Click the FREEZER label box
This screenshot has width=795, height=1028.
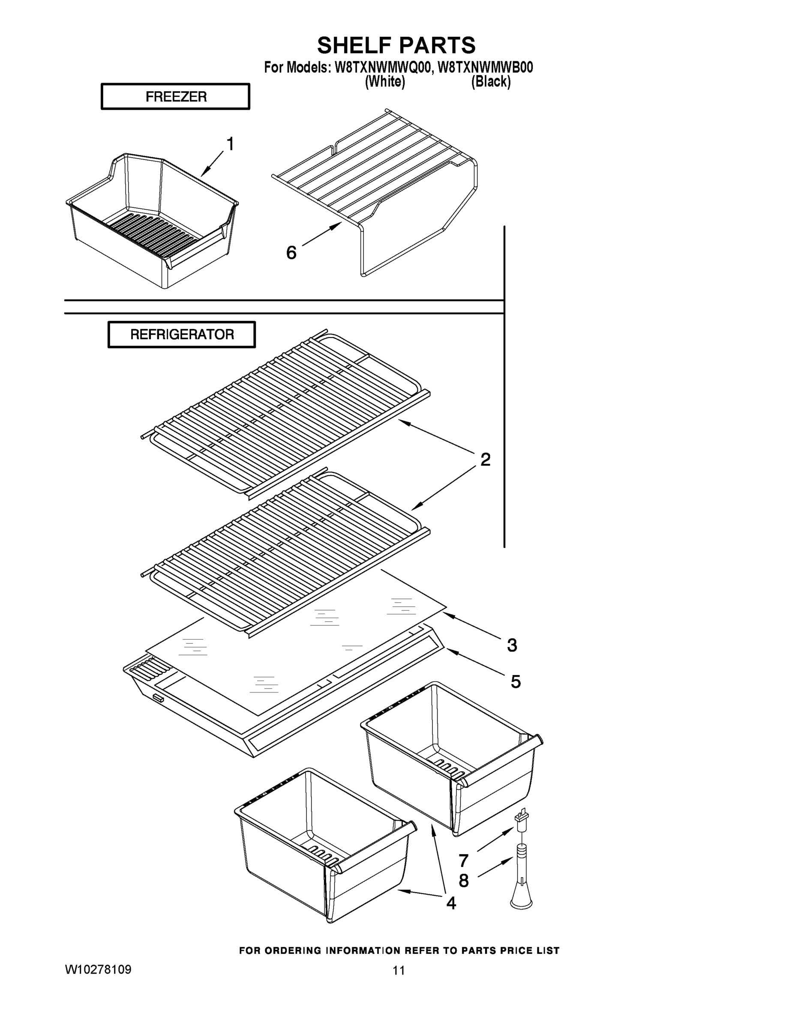click(x=176, y=96)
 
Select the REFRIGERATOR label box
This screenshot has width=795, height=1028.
click(x=182, y=335)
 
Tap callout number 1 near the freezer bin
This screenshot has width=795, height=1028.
click(x=230, y=143)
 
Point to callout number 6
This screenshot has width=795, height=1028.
click(x=291, y=253)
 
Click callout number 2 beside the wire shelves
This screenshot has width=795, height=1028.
click(x=486, y=460)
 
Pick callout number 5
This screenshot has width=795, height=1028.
click(x=516, y=681)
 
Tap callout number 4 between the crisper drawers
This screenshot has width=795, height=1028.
click(x=451, y=903)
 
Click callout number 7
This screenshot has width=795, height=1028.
click(x=463, y=861)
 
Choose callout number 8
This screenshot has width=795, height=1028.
click(x=463, y=881)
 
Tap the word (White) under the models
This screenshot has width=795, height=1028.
click(x=385, y=82)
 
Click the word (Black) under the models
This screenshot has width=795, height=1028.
click(x=491, y=82)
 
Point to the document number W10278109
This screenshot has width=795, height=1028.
click(x=98, y=970)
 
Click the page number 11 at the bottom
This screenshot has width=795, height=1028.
click(x=399, y=971)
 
